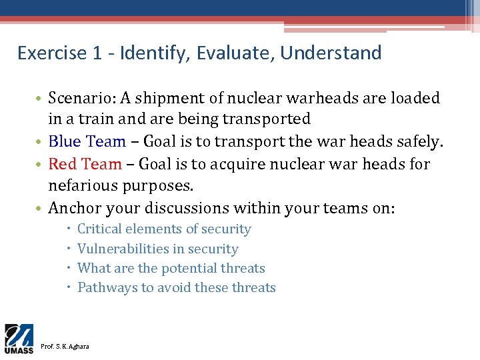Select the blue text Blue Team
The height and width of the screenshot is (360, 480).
tap(87, 141)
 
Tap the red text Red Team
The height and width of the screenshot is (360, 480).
tap(85, 163)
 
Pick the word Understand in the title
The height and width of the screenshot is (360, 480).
tap(331, 53)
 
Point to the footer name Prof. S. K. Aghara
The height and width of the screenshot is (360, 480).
tap(65, 346)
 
